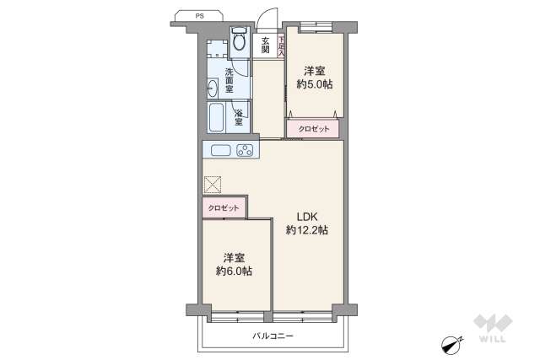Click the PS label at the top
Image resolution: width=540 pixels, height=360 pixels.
[199, 15]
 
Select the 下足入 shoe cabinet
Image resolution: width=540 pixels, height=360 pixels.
[281, 43]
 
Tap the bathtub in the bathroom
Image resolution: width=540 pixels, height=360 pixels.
[217, 119]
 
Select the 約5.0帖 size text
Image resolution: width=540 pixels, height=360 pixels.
[314, 84]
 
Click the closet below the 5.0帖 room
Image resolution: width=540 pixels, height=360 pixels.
[314, 129]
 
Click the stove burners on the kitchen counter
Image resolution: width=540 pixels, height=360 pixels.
[246, 151]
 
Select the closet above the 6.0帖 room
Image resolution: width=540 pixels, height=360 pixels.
[224, 208]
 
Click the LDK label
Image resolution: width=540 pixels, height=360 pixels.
[306, 214]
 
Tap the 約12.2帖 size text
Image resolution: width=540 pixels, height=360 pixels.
[306, 229]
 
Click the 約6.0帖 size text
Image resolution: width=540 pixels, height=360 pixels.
[234, 271]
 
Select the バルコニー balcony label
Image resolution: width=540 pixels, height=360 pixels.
[273, 336]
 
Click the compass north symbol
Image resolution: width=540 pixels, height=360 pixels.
[451, 343]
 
